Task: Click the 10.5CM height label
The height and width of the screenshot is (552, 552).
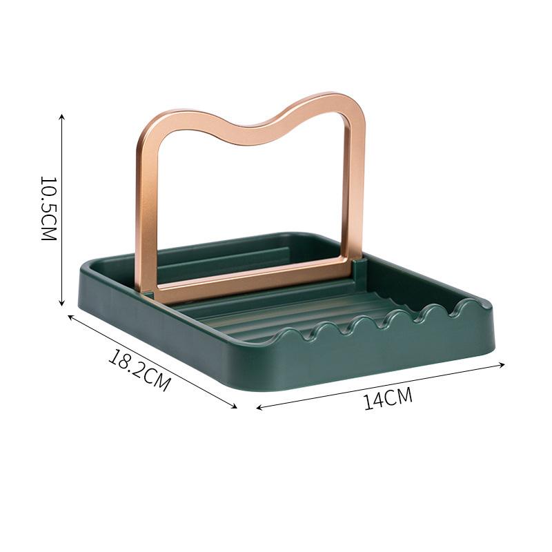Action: coord(48,208)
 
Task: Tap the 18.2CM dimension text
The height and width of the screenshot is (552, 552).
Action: coord(139,370)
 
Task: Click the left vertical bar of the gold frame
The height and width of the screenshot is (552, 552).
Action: coord(146,207)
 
